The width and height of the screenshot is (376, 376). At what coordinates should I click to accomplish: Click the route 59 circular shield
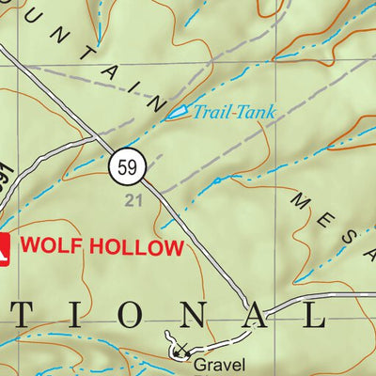pyautogui.click(x=127, y=168)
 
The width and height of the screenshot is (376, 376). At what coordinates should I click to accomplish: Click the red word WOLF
pyautogui.click(x=49, y=247)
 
